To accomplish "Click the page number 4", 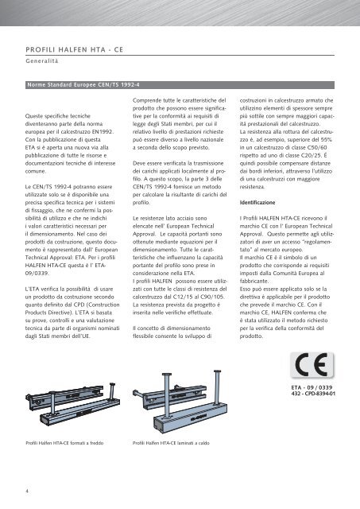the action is pyautogui.click(x=28, y=490).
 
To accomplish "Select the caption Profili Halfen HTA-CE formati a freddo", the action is pyautogui.click(x=68, y=441).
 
